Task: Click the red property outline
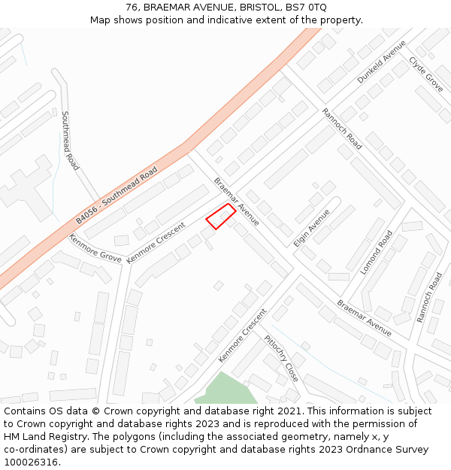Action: [x=220, y=216]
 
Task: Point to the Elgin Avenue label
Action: [x=312, y=228]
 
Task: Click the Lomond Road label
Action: [x=377, y=253]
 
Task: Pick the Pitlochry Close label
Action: [x=282, y=358]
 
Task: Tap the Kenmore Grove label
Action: [x=95, y=247]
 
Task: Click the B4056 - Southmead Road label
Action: [x=117, y=196]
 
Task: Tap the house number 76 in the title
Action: [x=132, y=8]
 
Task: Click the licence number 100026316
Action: [x=31, y=462]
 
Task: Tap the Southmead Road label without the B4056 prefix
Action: [x=70, y=141]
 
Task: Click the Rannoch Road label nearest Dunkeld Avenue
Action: [x=342, y=129]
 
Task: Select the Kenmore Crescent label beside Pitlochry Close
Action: [x=242, y=335]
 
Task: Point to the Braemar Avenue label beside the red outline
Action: [x=237, y=202]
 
